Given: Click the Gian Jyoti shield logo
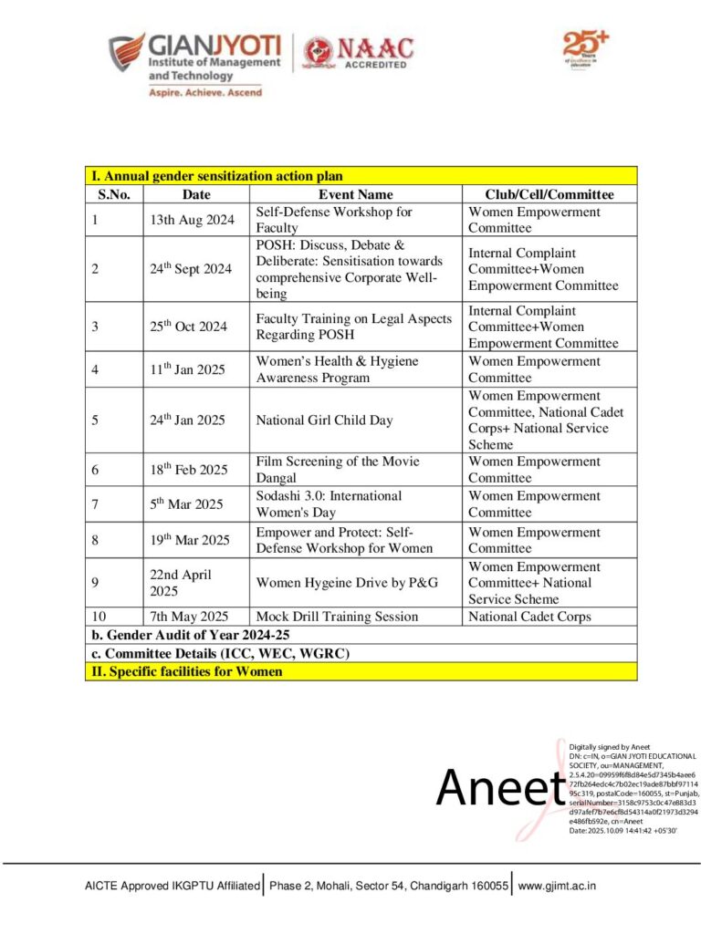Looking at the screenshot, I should coord(126,52).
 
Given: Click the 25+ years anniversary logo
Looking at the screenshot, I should coord(585,48).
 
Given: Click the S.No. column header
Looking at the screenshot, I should coord(114,194).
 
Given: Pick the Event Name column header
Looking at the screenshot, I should coord(355,194).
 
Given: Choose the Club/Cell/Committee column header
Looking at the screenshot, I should coord(549,194).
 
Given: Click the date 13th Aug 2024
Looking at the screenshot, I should coord(193,220).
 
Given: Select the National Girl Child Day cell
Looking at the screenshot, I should coord(324,420).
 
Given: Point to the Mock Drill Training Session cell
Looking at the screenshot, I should coord(337,617).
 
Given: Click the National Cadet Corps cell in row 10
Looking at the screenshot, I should coord(529,617).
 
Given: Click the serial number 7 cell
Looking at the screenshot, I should coord(95,504).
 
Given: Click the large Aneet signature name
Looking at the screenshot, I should coord(499,786).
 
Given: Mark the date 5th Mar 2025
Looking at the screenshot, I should coord(189,504).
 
